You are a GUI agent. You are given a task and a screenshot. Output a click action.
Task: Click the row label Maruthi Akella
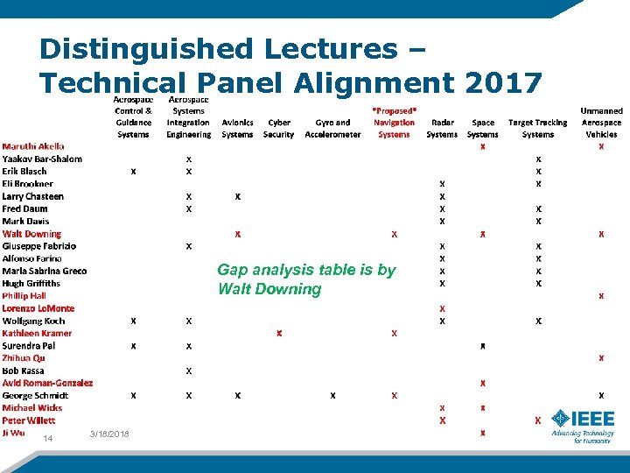[32, 146]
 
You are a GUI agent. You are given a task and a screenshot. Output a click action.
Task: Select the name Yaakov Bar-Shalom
[42, 159]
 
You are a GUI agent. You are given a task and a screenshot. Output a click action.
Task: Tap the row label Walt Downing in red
[31, 234]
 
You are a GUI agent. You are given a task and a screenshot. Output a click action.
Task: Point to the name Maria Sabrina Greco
[44, 271]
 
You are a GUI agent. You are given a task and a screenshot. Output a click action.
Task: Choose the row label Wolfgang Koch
[34, 321]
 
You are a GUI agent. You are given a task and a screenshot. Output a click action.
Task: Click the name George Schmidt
[35, 395]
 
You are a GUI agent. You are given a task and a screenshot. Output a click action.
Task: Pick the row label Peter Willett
[29, 420]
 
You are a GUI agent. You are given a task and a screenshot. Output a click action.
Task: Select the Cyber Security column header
[278, 128]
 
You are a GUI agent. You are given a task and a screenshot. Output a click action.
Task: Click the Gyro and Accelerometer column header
[332, 128]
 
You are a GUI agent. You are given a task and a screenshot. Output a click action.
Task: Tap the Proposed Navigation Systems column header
[395, 123]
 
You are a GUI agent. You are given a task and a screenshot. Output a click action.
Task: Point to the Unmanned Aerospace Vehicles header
[601, 123]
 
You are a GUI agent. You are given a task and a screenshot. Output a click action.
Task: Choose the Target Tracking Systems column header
[537, 128]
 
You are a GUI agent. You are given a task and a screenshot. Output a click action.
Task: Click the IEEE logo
[583, 424]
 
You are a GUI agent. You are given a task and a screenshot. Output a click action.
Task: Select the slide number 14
[48, 439]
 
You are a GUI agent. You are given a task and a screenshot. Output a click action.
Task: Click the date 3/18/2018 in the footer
[109, 435]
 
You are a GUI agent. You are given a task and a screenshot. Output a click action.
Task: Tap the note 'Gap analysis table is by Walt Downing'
[306, 279]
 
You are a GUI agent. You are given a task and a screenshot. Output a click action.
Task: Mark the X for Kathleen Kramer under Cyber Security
[278, 333]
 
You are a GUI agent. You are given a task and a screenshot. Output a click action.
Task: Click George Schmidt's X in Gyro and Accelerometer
[332, 395]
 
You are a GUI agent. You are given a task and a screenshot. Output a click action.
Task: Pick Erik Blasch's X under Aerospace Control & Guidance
[133, 172]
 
